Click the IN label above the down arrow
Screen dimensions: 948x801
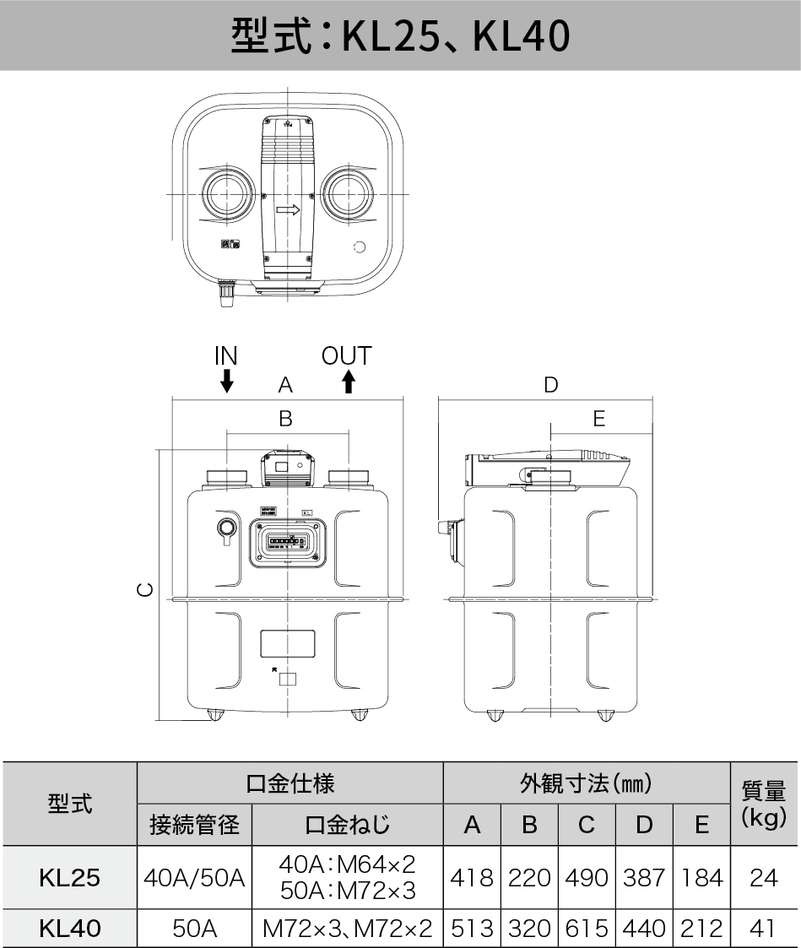pos(225,355)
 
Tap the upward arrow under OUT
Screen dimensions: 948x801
pos(347,382)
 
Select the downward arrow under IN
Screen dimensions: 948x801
pos(225,382)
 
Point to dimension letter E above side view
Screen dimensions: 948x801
pos(598,419)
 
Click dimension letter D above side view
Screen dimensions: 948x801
pos(550,386)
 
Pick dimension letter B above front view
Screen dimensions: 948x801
pos(285,419)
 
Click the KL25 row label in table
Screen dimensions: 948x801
pos(69,878)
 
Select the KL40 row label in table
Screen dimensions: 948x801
pos(69,929)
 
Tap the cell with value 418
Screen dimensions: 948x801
pos(472,878)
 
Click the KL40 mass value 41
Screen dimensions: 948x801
pos(762,929)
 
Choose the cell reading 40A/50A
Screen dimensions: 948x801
pos(194,878)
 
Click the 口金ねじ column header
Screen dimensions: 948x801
pos(347,825)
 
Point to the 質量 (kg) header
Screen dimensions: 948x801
pos(763,804)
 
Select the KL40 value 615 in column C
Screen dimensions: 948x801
pos(587,929)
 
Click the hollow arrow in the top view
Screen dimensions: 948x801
pos(288,209)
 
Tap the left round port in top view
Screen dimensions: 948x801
pos(225,194)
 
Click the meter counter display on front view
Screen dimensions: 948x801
pos(287,542)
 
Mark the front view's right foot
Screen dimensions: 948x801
pos(360,716)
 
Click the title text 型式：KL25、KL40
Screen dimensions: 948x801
pos(400,35)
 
